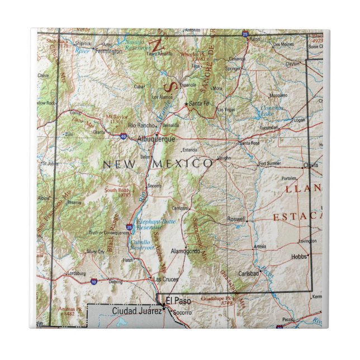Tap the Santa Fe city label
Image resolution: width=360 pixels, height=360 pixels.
pyautogui.click(x=198, y=104)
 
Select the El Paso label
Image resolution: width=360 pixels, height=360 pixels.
pyautogui.click(x=179, y=301)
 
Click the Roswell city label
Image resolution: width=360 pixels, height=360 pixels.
pyautogui.click(x=236, y=220)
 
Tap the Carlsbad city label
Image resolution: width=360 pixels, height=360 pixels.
pyautogui.click(x=249, y=273)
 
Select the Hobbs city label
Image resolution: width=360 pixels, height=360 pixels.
pyautogui.click(x=299, y=257)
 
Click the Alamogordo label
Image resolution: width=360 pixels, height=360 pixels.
pyautogui.click(x=185, y=251)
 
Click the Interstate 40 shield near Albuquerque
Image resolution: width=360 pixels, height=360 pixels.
pyautogui.click(x=124, y=136)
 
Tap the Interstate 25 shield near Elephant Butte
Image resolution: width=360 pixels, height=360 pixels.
pyautogui.click(x=129, y=228)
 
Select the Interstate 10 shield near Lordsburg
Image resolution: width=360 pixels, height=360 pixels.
pyautogui.click(x=93, y=281)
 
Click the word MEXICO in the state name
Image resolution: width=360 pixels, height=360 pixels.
pyautogui.click(x=187, y=163)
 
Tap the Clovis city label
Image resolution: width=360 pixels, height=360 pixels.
pyautogui.click(x=310, y=165)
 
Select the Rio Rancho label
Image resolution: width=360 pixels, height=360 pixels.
pyautogui.click(x=140, y=125)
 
